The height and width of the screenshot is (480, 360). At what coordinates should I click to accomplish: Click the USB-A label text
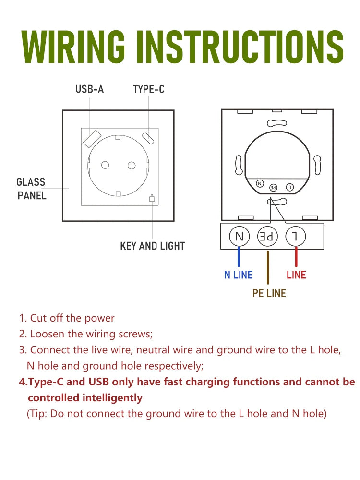[89, 89]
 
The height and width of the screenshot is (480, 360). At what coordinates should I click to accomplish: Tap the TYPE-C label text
[149, 89]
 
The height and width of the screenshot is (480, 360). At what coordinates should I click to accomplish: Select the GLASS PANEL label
[32, 189]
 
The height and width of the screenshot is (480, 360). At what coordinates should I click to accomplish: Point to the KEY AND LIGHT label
[153, 246]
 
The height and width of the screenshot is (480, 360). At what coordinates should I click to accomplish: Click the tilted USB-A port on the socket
[92, 138]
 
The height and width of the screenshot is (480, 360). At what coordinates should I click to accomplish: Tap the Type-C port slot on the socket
[148, 138]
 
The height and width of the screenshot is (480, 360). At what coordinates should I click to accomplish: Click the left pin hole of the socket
[105, 165]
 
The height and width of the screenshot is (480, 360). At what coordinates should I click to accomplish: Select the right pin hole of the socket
[132, 166]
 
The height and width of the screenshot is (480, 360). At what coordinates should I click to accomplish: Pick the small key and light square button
[152, 199]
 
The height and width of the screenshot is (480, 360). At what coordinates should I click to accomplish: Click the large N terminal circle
[240, 236]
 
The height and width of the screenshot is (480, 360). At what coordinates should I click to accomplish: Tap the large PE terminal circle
[267, 236]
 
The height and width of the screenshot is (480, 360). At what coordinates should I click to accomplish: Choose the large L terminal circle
[295, 236]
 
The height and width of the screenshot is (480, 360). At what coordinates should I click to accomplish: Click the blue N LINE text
[239, 275]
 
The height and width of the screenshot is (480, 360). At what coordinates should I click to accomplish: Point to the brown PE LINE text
[269, 293]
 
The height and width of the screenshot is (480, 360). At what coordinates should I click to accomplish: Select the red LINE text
[296, 275]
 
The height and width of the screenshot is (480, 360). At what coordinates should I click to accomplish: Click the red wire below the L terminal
[296, 256]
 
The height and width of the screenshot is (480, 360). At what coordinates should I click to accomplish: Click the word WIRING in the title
[73, 47]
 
